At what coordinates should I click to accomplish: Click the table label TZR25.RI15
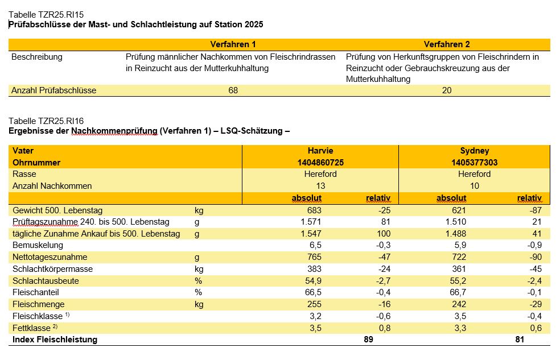(x=46, y=15)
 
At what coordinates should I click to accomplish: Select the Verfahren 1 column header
(x=233, y=44)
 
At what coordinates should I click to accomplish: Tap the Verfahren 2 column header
(x=447, y=44)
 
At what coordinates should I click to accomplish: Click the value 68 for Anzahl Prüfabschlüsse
(x=233, y=90)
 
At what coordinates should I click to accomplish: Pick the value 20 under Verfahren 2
(x=447, y=90)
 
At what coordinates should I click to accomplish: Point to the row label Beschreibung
(x=37, y=57)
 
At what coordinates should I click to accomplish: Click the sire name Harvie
(x=320, y=151)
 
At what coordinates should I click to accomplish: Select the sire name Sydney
(x=474, y=151)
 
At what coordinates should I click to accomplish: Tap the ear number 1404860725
(x=320, y=163)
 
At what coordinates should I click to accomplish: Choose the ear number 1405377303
(x=474, y=163)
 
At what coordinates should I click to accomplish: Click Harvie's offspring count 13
(x=320, y=186)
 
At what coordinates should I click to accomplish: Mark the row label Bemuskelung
(x=38, y=245)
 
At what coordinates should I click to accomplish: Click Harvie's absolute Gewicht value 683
(x=314, y=210)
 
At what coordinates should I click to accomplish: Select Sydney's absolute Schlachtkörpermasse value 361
(x=459, y=268)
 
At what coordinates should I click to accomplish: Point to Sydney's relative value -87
(x=536, y=210)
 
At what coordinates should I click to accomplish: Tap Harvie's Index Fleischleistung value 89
(x=369, y=340)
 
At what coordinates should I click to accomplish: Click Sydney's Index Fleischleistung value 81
(x=520, y=340)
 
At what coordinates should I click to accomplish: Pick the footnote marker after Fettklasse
(x=55, y=326)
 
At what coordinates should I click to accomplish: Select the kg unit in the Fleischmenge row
(x=199, y=304)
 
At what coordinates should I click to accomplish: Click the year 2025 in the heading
(x=254, y=24)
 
